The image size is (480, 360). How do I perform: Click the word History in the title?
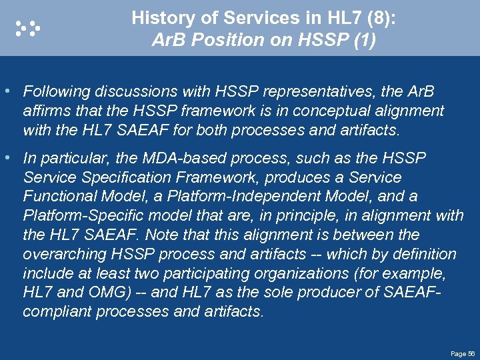pyautogui.click(x=157, y=18)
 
